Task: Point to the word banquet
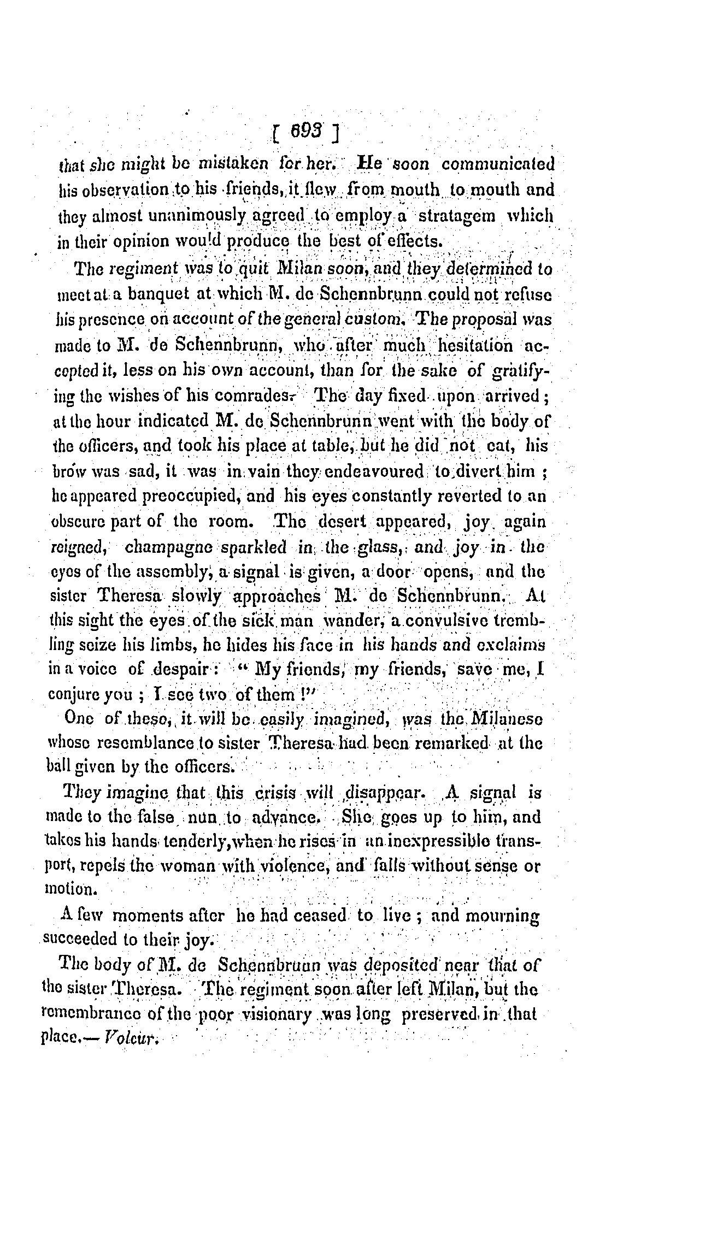[x=159, y=295]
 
